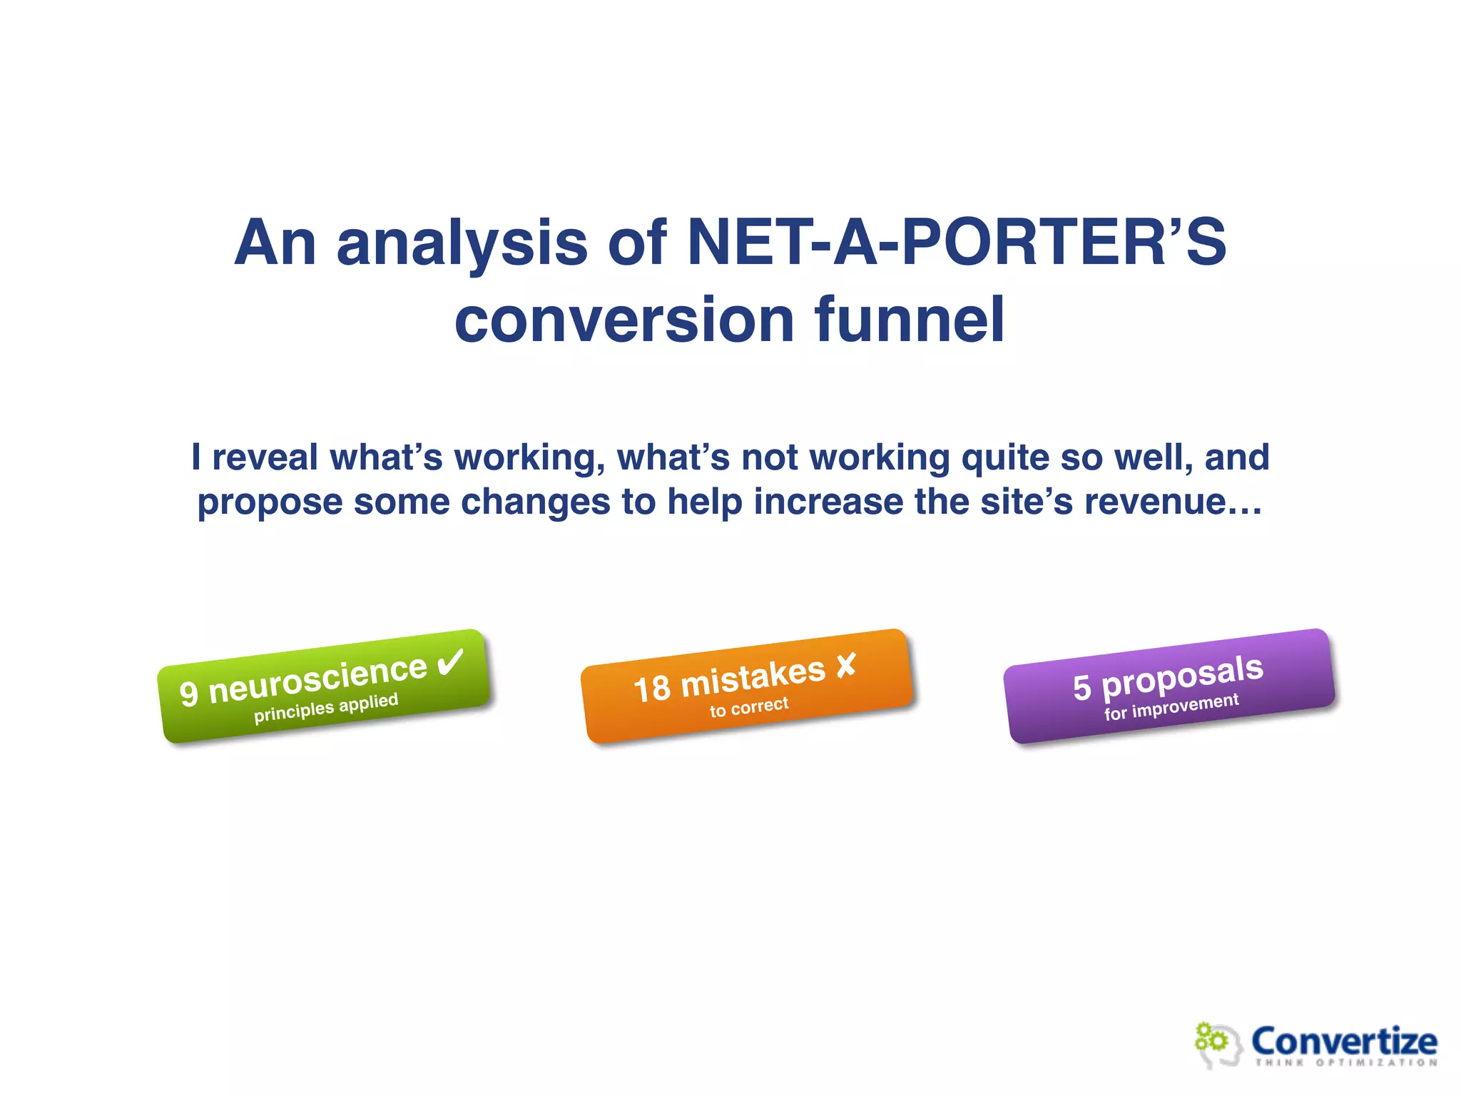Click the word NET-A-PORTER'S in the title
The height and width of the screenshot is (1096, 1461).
pos(956,243)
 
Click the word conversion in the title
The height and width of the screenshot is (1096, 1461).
pos(624,320)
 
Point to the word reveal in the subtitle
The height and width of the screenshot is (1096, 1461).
pos(265,457)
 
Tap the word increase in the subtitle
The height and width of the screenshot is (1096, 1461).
pos(828,502)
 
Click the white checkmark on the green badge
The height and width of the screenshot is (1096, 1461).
pos(450,661)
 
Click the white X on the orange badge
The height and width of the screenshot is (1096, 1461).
pos(845,665)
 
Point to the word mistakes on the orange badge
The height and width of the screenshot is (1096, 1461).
pos(753,677)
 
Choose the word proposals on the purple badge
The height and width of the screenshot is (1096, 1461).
pos(1182,675)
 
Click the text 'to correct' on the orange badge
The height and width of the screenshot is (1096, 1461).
pos(749,707)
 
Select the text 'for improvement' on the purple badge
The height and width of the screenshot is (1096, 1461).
pos(1171,706)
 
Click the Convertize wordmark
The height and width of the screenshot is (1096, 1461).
pos(1344,1041)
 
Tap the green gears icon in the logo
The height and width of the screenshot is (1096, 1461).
pos(1211,1038)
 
